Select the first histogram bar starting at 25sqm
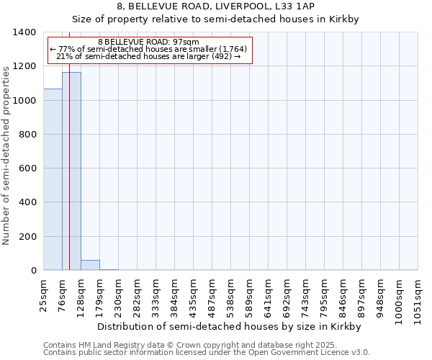(x=53, y=180)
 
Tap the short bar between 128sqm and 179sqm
(x=90, y=265)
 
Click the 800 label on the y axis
(x=27, y=135)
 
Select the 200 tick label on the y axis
(x=27, y=237)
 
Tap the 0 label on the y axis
(x=33, y=271)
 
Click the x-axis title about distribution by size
(x=228, y=326)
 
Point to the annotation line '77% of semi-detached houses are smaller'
(x=149, y=49)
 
